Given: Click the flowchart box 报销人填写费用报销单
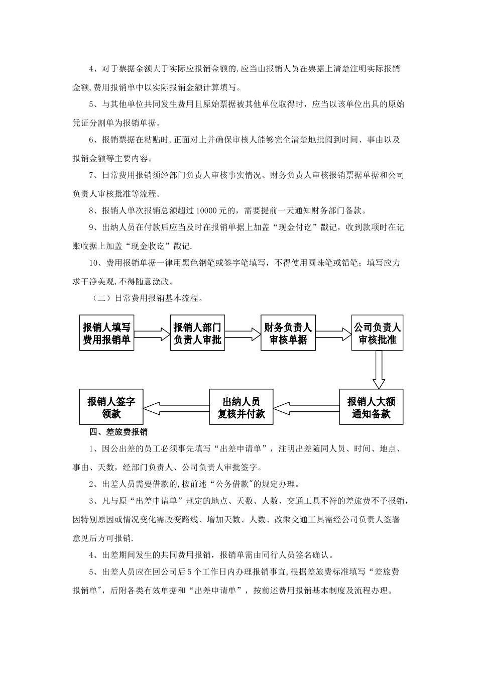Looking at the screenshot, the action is pos(106,333).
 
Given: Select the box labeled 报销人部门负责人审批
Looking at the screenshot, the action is pos(197,333).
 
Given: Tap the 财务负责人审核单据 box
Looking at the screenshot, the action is pos(288,333).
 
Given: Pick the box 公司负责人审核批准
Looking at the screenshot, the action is pos(378,333).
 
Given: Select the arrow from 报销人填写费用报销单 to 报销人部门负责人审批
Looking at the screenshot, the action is pos(152,333).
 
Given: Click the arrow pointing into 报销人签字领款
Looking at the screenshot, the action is pos(176,407).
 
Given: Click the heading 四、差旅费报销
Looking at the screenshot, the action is pos(118,431).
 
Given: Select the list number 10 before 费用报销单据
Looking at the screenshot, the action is pos(93,263).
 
